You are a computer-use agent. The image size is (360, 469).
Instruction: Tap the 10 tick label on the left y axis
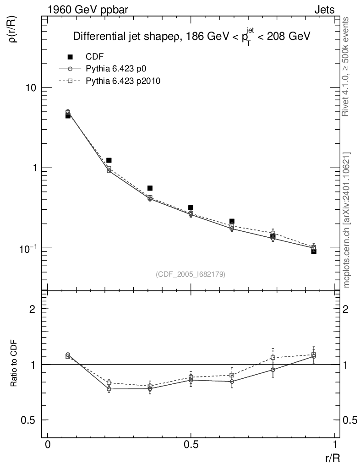[x=31, y=88]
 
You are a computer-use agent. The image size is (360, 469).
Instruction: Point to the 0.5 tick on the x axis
[x=191, y=445]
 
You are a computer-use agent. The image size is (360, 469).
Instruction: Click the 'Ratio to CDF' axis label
[x=14, y=364]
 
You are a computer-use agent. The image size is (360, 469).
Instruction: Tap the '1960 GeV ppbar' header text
[x=76, y=9]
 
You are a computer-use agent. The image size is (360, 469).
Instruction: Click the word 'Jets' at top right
[x=324, y=9]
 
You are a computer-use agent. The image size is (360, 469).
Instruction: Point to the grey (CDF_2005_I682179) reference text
[x=191, y=274]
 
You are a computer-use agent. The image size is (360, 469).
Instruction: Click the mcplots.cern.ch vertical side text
[x=347, y=220]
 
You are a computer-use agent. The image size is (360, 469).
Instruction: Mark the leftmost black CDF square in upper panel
[x=68, y=116]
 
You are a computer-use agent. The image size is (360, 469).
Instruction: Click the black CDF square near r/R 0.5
[x=191, y=208]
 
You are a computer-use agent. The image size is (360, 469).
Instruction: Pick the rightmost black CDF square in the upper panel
[x=314, y=251]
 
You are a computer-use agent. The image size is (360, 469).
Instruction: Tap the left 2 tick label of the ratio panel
[x=33, y=309]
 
